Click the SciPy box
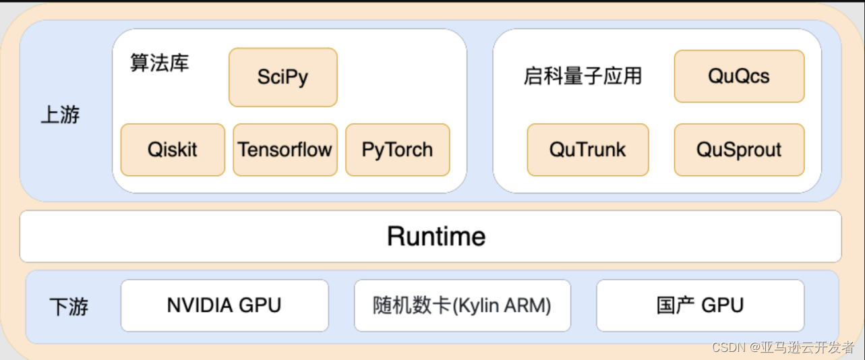click(x=283, y=78)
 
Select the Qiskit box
click(x=173, y=150)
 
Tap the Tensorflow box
click(x=285, y=150)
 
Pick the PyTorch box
click(x=397, y=150)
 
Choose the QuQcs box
click(x=739, y=76)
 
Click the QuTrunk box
click(x=588, y=150)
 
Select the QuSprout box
click(x=739, y=150)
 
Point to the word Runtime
click(x=436, y=237)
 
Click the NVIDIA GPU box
click(x=225, y=305)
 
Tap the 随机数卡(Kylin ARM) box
click(x=463, y=305)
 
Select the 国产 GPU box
click(x=700, y=305)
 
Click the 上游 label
click(x=60, y=115)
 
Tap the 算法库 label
click(x=160, y=63)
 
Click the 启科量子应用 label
click(x=583, y=76)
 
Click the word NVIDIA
click(x=200, y=305)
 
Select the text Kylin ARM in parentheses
click(x=501, y=306)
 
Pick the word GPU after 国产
click(x=722, y=305)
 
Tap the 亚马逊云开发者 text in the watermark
click(x=808, y=347)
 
